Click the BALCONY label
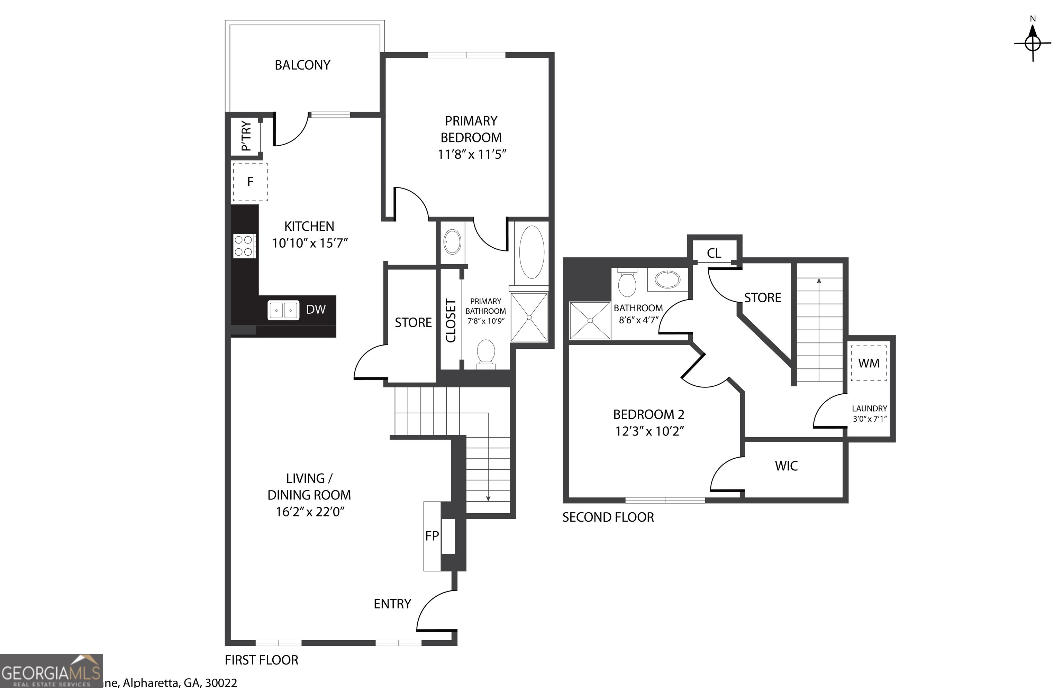pos(302,65)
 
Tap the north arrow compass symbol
pos(1033,43)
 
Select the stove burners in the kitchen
pos(244,246)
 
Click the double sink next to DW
pos(283,310)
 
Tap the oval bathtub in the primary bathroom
pos(531,252)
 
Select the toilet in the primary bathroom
pos(486,353)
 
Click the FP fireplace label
pos(432,536)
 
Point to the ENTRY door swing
pos(435,612)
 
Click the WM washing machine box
pos(869,364)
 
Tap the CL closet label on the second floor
pos(714,254)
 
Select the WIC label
pos(786,466)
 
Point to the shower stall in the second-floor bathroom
pos(590,321)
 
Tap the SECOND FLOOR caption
pos(608,517)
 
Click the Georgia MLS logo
pos(51,671)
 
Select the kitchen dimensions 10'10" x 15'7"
pos(309,243)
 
